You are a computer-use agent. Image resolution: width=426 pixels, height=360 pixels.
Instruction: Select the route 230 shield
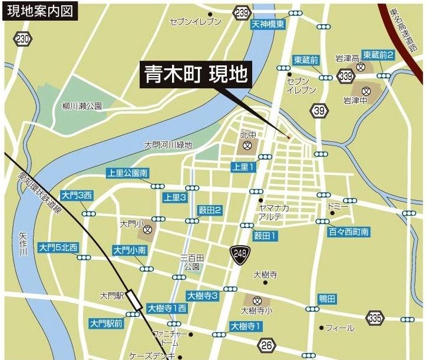[x=23, y=39]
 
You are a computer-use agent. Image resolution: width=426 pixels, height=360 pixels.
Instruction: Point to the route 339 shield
[x=346, y=75]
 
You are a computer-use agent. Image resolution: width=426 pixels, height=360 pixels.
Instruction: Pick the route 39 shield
[x=320, y=110]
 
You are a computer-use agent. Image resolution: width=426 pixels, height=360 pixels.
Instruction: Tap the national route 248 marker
[x=238, y=253]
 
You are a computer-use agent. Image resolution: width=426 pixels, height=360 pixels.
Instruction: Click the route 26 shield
[x=267, y=345]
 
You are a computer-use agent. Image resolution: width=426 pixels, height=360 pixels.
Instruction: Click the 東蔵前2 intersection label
[x=378, y=54]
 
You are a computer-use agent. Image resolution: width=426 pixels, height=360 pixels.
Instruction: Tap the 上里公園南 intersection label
[x=127, y=173]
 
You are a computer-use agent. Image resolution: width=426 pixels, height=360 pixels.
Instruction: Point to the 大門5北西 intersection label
[x=58, y=247]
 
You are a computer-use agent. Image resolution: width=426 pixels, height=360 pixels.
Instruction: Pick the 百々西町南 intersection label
[x=349, y=233]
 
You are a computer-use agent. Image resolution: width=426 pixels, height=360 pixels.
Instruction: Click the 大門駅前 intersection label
[x=107, y=323]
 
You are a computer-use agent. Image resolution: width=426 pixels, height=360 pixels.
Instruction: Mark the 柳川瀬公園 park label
[x=82, y=107]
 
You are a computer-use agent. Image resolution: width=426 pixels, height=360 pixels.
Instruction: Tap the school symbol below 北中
[x=248, y=144]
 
